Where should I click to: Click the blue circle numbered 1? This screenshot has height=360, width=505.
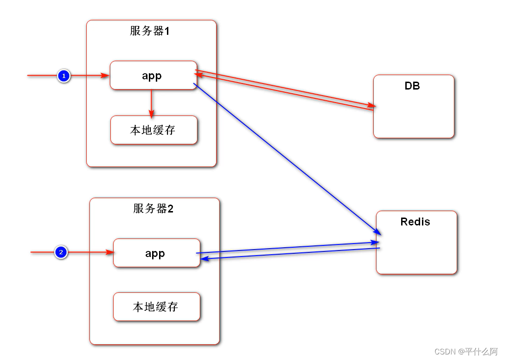[x=64, y=76]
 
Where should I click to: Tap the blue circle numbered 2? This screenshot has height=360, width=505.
[x=61, y=252]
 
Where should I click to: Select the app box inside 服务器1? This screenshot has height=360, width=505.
[x=153, y=75]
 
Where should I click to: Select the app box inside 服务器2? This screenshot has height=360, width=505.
[x=156, y=253]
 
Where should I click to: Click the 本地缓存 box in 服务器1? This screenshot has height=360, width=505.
[x=153, y=130]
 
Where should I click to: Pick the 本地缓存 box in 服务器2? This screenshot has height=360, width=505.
[x=156, y=307]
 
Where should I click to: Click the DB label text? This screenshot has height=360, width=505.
[x=412, y=86]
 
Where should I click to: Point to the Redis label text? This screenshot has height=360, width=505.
[x=415, y=222]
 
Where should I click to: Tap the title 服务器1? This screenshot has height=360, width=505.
[x=150, y=31]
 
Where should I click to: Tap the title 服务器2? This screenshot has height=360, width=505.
[x=153, y=209]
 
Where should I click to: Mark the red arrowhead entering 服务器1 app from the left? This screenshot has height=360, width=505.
[x=105, y=75]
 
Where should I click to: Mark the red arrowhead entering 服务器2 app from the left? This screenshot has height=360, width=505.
[x=109, y=252]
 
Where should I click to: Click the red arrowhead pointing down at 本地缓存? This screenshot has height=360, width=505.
[x=152, y=114]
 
